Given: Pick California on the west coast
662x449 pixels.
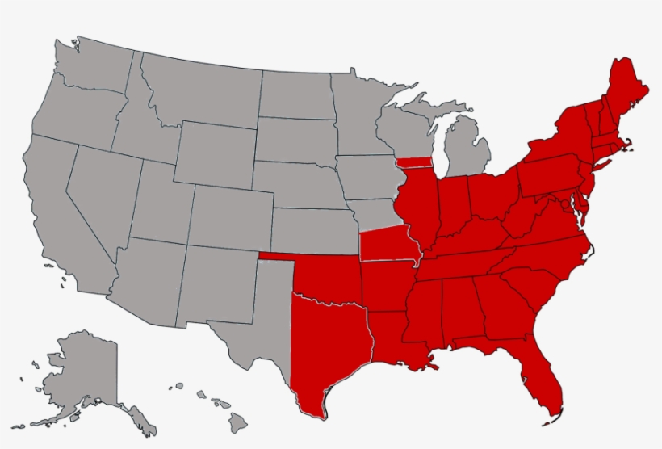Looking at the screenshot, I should (x=61, y=218).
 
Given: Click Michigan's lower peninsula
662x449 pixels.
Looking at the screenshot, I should (x=472, y=149).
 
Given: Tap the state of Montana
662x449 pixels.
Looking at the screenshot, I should (x=198, y=89).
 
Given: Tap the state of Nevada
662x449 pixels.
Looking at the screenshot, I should (x=101, y=194).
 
